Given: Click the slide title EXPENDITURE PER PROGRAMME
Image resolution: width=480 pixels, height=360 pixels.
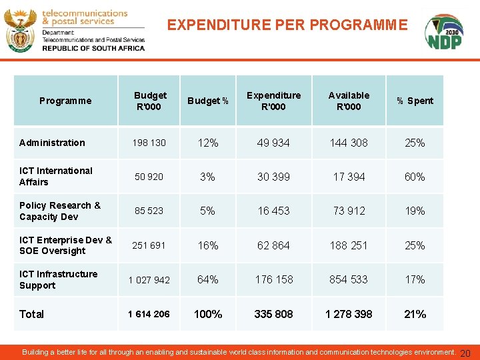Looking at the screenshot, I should tap(287, 25).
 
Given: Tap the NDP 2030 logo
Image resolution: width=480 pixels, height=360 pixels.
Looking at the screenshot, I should tap(445, 32).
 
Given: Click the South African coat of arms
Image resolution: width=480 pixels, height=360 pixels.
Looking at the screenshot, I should tap(20, 30).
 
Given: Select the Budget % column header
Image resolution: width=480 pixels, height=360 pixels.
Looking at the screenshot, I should tap(208, 101).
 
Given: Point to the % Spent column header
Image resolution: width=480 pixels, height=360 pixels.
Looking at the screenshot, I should tap(415, 101).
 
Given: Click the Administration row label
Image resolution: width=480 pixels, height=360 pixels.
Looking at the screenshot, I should tap(52, 143).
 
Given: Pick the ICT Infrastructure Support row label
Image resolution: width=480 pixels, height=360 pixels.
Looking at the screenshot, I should tap(58, 279).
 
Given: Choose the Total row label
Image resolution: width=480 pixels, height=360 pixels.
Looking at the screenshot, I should tap(31, 314).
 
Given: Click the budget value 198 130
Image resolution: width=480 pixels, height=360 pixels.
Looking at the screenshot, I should tap(149, 143).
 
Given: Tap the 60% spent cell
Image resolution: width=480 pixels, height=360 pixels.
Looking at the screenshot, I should tap(415, 177).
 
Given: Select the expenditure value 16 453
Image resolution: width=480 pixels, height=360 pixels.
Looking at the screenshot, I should tap(273, 211).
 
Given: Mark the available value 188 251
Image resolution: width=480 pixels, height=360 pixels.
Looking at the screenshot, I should tap(349, 245).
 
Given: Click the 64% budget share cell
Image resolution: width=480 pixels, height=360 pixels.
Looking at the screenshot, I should tap(208, 279).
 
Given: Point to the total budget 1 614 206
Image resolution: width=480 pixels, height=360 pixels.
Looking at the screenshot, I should tap(149, 314).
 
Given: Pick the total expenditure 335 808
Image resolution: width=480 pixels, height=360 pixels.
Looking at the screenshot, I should tap(273, 314).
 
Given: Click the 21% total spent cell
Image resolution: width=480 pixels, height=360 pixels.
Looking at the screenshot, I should tap(415, 314).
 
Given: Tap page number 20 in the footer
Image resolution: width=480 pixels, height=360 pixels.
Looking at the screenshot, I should tap(465, 353).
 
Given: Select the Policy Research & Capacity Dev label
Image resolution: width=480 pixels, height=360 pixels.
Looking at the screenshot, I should tap(60, 211).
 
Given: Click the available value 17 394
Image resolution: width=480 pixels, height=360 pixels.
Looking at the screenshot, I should tap(349, 177).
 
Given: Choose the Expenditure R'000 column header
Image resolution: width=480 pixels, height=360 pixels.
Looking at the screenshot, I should tap(273, 101).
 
